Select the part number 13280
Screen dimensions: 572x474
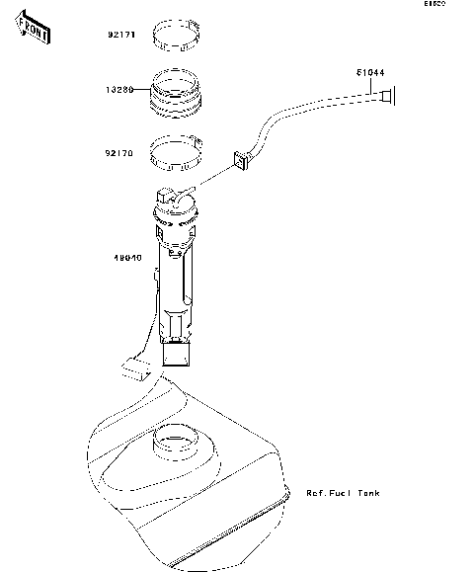click(120, 88)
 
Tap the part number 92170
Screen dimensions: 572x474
click(120, 153)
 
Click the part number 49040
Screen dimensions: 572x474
click(128, 258)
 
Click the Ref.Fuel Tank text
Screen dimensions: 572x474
click(343, 492)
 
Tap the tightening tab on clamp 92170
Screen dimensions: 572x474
click(200, 147)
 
